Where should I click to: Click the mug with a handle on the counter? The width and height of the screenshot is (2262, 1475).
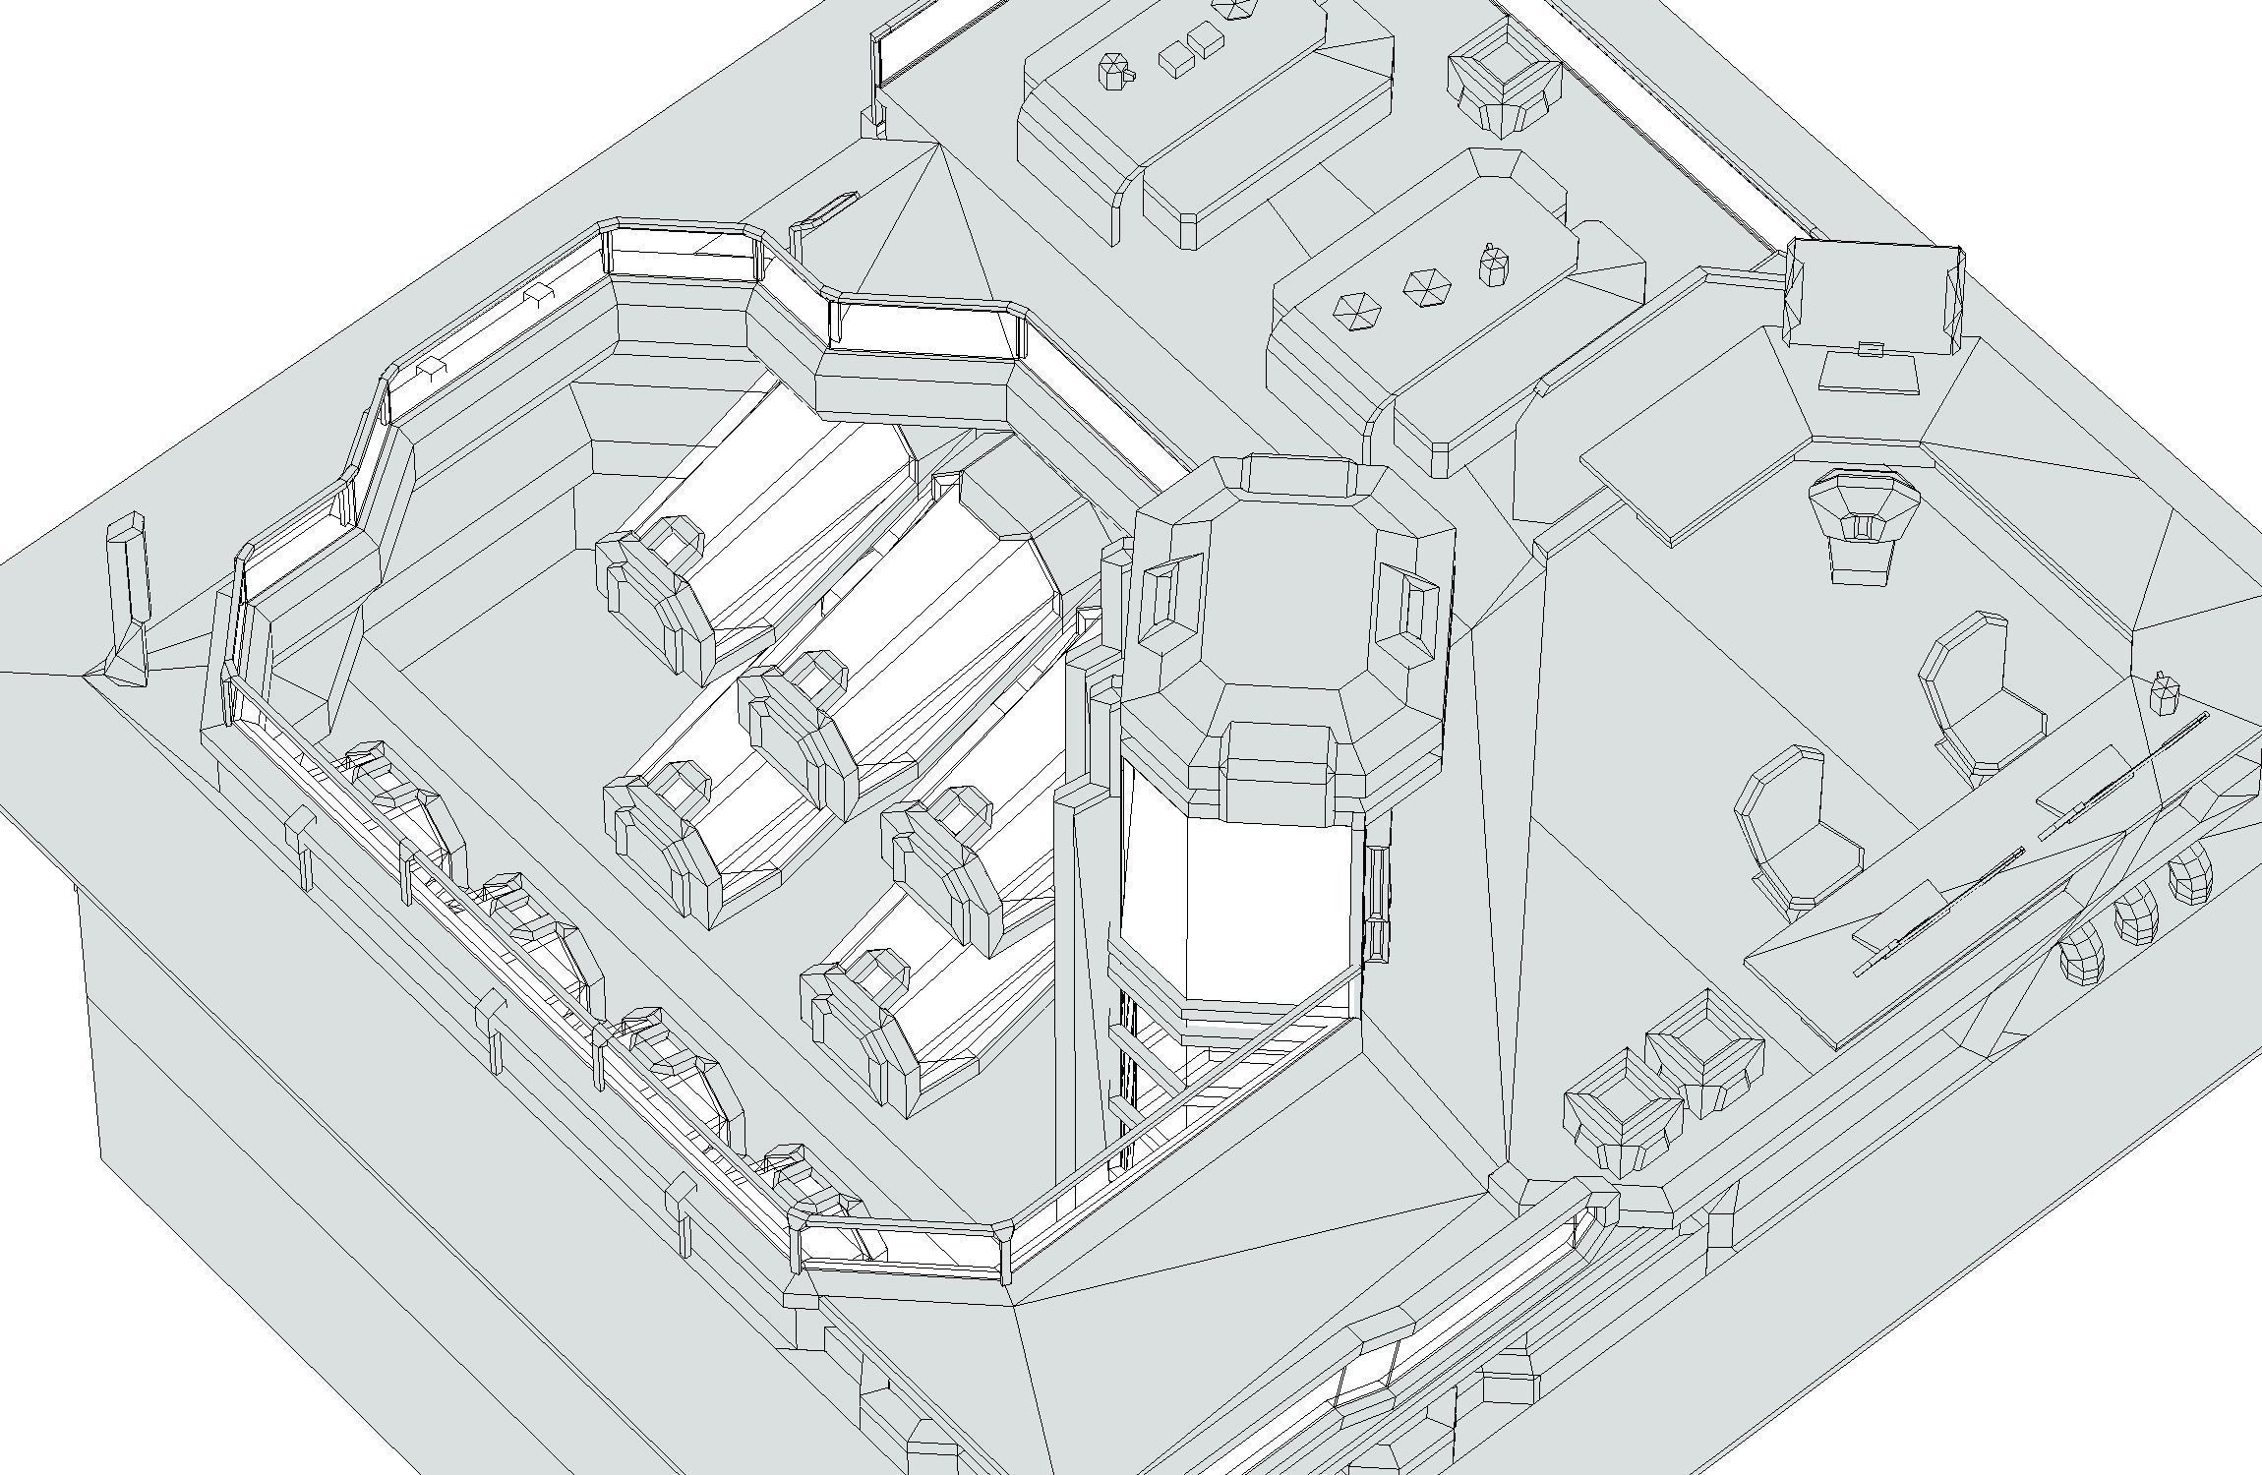pyautogui.click(x=1114, y=72)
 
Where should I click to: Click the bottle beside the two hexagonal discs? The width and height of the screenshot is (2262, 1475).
pyautogui.click(x=1494, y=264)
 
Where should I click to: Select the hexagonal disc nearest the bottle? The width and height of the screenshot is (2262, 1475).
pyautogui.click(x=1427, y=287)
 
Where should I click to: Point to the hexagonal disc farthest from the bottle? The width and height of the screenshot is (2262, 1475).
pyautogui.click(x=1356, y=311)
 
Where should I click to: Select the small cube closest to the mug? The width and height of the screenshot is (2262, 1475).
pyautogui.click(x=1176, y=60)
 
